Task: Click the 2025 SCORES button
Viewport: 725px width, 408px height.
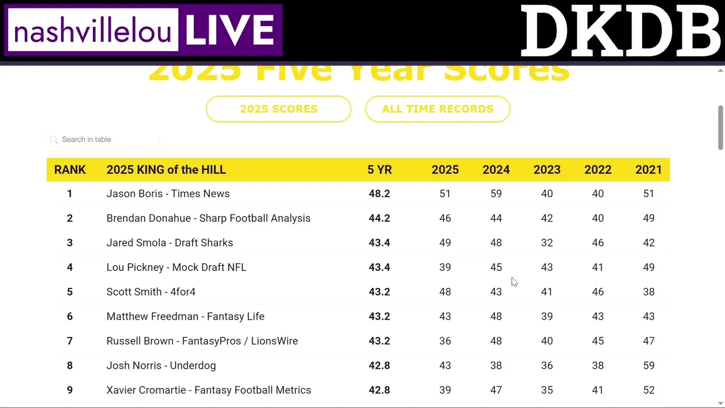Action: point(279,109)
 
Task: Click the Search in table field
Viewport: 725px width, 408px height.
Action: point(108,139)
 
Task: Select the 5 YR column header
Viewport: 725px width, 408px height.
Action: point(379,170)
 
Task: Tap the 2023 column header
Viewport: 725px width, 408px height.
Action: point(547,170)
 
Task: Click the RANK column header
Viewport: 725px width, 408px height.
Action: point(70,170)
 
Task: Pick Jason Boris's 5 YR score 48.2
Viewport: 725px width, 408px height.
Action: point(379,194)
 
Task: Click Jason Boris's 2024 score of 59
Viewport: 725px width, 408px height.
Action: point(496,194)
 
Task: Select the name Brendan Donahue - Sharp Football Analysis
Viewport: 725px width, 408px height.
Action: point(208,218)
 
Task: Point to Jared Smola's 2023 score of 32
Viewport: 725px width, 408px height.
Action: point(547,243)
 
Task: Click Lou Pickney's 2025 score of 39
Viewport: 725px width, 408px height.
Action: point(445,267)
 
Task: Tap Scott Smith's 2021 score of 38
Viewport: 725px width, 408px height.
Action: point(649,292)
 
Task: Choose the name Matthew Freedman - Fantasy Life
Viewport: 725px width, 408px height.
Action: point(185,316)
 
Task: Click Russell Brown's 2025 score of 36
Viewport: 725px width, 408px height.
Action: point(445,341)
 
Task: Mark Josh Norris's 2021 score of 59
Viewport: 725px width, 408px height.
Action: point(649,365)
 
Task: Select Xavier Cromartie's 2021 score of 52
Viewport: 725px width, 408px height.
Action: point(649,390)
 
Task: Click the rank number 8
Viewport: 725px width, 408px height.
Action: point(70,365)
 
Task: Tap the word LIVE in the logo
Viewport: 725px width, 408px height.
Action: point(230,30)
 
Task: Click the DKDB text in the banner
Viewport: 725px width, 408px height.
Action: point(620,31)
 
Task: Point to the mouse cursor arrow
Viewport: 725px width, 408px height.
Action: point(514,282)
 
